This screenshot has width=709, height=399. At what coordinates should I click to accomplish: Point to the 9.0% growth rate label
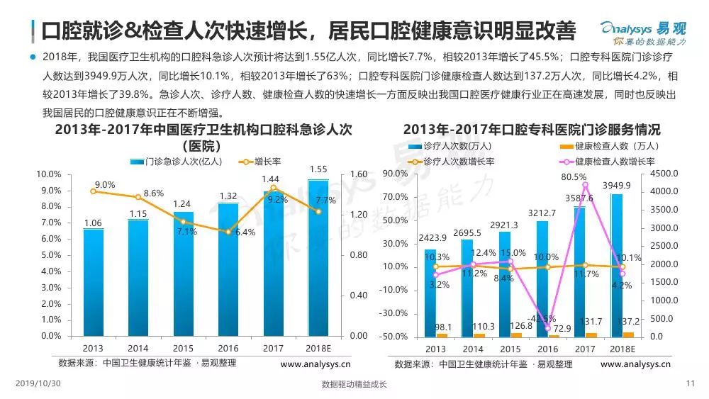pyautogui.click(x=104, y=185)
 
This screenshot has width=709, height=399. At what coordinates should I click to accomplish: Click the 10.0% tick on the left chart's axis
pyautogui.click(x=49, y=174)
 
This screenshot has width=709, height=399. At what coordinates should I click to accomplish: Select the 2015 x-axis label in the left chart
pyautogui.click(x=184, y=349)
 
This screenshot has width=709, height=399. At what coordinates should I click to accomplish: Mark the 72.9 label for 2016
pyautogui.click(x=546, y=328)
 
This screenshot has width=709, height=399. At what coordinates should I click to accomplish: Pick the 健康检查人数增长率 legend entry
pyautogui.click(x=615, y=162)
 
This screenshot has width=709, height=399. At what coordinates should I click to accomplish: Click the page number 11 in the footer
pyautogui.click(x=691, y=384)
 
